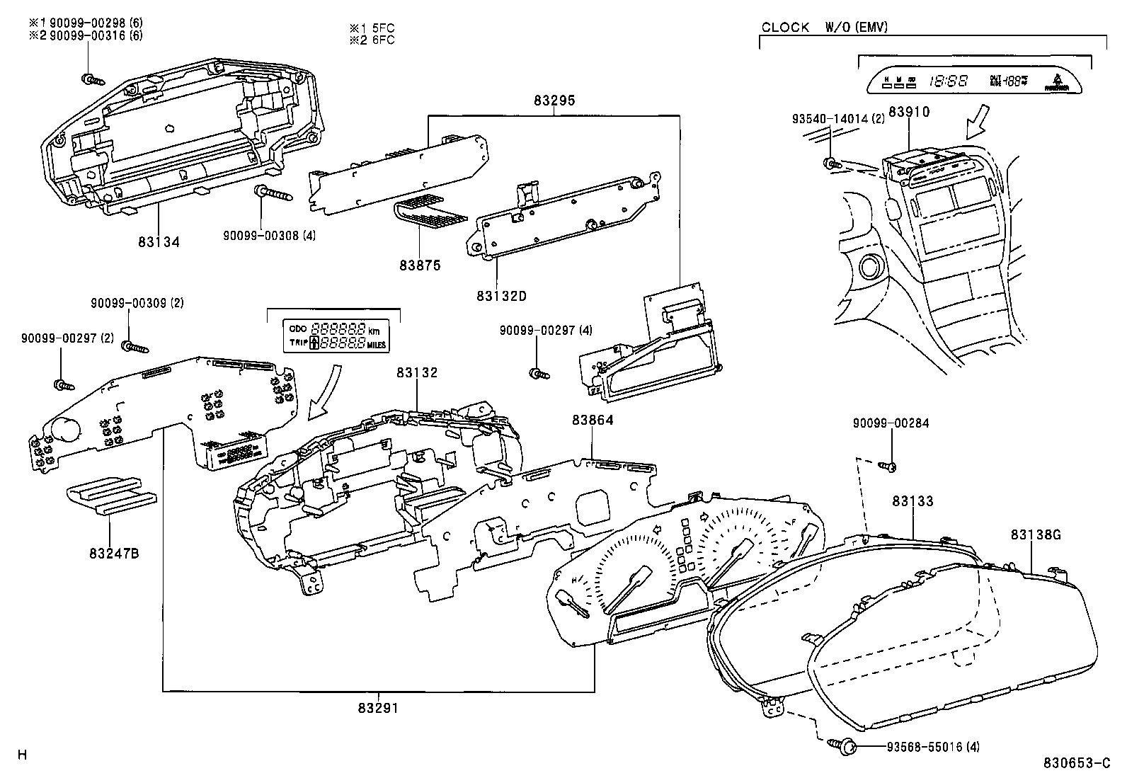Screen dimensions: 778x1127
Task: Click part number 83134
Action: (x=159, y=242)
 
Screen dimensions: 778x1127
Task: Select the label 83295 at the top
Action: (x=554, y=101)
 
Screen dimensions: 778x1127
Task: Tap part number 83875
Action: (x=419, y=265)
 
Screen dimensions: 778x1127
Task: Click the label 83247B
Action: (x=114, y=553)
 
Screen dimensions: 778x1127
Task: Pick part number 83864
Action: (x=593, y=420)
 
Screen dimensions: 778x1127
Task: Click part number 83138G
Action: (x=1036, y=535)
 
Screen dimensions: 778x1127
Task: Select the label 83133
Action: (x=913, y=501)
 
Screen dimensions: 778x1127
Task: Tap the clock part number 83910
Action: (x=909, y=112)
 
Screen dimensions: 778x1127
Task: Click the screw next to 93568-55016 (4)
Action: (x=845, y=745)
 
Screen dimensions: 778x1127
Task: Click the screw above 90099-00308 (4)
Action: (x=268, y=192)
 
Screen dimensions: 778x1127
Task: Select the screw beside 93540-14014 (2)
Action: (x=832, y=164)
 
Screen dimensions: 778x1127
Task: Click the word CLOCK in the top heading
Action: (x=785, y=28)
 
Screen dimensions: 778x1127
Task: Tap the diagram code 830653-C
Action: (x=1077, y=763)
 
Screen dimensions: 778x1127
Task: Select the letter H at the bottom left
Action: (x=22, y=755)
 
